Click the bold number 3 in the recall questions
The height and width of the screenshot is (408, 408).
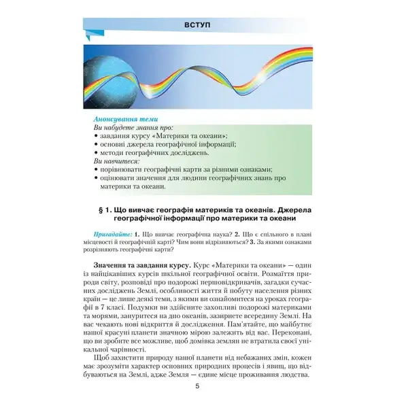252,242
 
